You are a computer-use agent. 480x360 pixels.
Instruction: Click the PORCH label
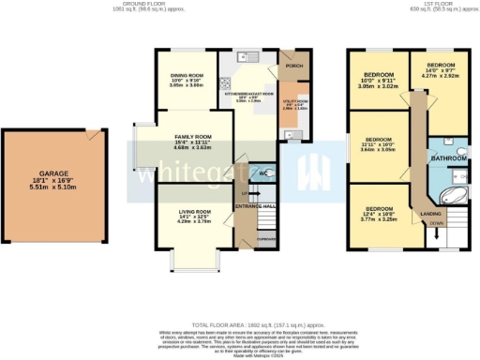tap(291, 66)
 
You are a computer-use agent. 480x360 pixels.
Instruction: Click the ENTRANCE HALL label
tap(257, 205)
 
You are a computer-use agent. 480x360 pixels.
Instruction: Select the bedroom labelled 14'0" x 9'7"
tap(441, 67)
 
